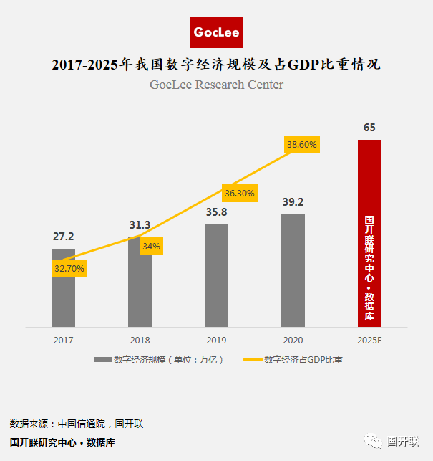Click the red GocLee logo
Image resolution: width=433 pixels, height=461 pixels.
[x=216, y=32]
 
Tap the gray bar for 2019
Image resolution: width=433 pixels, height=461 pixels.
[x=216, y=275]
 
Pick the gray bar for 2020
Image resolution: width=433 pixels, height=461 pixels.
[x=293, y=270]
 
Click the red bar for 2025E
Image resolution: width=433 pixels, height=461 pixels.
[x=369, y=233]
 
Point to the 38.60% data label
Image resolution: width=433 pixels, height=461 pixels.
[x=302, y=144]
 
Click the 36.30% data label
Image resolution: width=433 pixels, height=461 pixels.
[x=240, y=193]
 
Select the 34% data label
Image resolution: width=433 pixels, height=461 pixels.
[x=151, y=246]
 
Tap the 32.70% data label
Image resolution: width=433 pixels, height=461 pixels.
[x=69, y=268]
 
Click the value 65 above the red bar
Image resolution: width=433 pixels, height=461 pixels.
[x=369, y=128]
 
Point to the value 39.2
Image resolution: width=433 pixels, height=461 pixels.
[x=293, y=202]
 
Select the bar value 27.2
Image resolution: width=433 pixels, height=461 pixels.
[x=64, y=237]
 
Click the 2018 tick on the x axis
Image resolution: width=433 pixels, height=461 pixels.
[x=140, y=340]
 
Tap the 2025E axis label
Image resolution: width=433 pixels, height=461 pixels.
[x=369, y=340]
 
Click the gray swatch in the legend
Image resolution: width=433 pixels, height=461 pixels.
[x=103, y=360]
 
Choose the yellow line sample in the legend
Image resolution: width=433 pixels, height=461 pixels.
[x=253, y=360]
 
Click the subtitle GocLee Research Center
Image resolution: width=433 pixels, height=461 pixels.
[x=216, y=85]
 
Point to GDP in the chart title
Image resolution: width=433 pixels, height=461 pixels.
[x=303, y=65]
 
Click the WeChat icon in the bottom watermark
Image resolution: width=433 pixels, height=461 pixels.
[x=373, y=442]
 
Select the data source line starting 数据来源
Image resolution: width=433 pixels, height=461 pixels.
[x=77, y=424]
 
